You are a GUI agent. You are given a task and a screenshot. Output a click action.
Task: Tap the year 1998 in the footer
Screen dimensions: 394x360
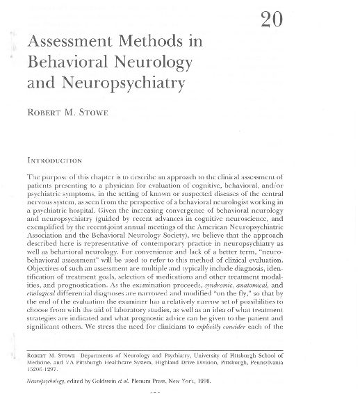click(202, 381)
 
